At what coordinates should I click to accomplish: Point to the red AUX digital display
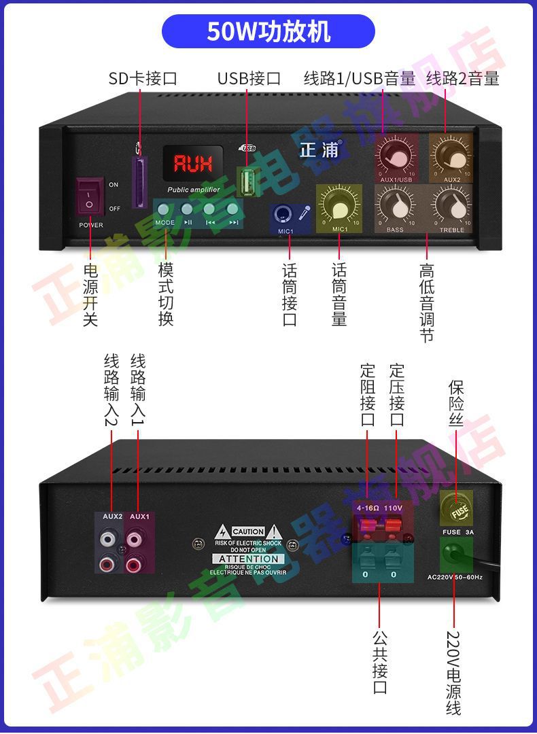tap(193, 163)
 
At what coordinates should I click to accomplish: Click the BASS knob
tap(395, 203)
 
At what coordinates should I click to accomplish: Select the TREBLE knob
tap(451, 203)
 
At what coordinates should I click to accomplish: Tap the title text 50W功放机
tap(268, 32)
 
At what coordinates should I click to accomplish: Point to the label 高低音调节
tap(427, 302)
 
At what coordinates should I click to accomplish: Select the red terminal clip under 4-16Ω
tap(367, 525)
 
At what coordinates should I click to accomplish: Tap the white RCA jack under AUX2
tap(107, 540)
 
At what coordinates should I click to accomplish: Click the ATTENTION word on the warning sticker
tap(247, 559)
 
